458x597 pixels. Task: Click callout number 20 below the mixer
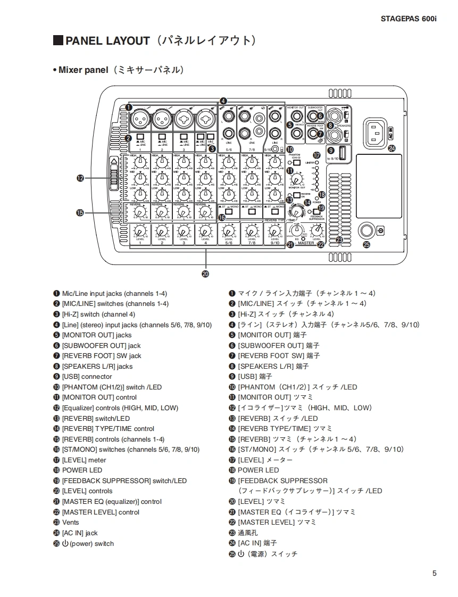[x=205, y=274]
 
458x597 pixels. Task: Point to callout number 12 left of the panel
[x=80, y=179]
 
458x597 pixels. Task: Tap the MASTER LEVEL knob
[x=317, y=230]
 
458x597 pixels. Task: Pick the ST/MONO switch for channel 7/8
[x=251, y=212]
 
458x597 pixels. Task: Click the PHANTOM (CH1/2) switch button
[x=297, y=162]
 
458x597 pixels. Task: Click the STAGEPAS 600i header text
[x=408, y=19]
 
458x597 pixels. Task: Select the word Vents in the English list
[x=70, y=523]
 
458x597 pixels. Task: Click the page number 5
[x=435, y=573]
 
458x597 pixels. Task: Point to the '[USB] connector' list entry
[x=87, y=377]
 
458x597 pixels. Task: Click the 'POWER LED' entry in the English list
[x=82, y=470]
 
